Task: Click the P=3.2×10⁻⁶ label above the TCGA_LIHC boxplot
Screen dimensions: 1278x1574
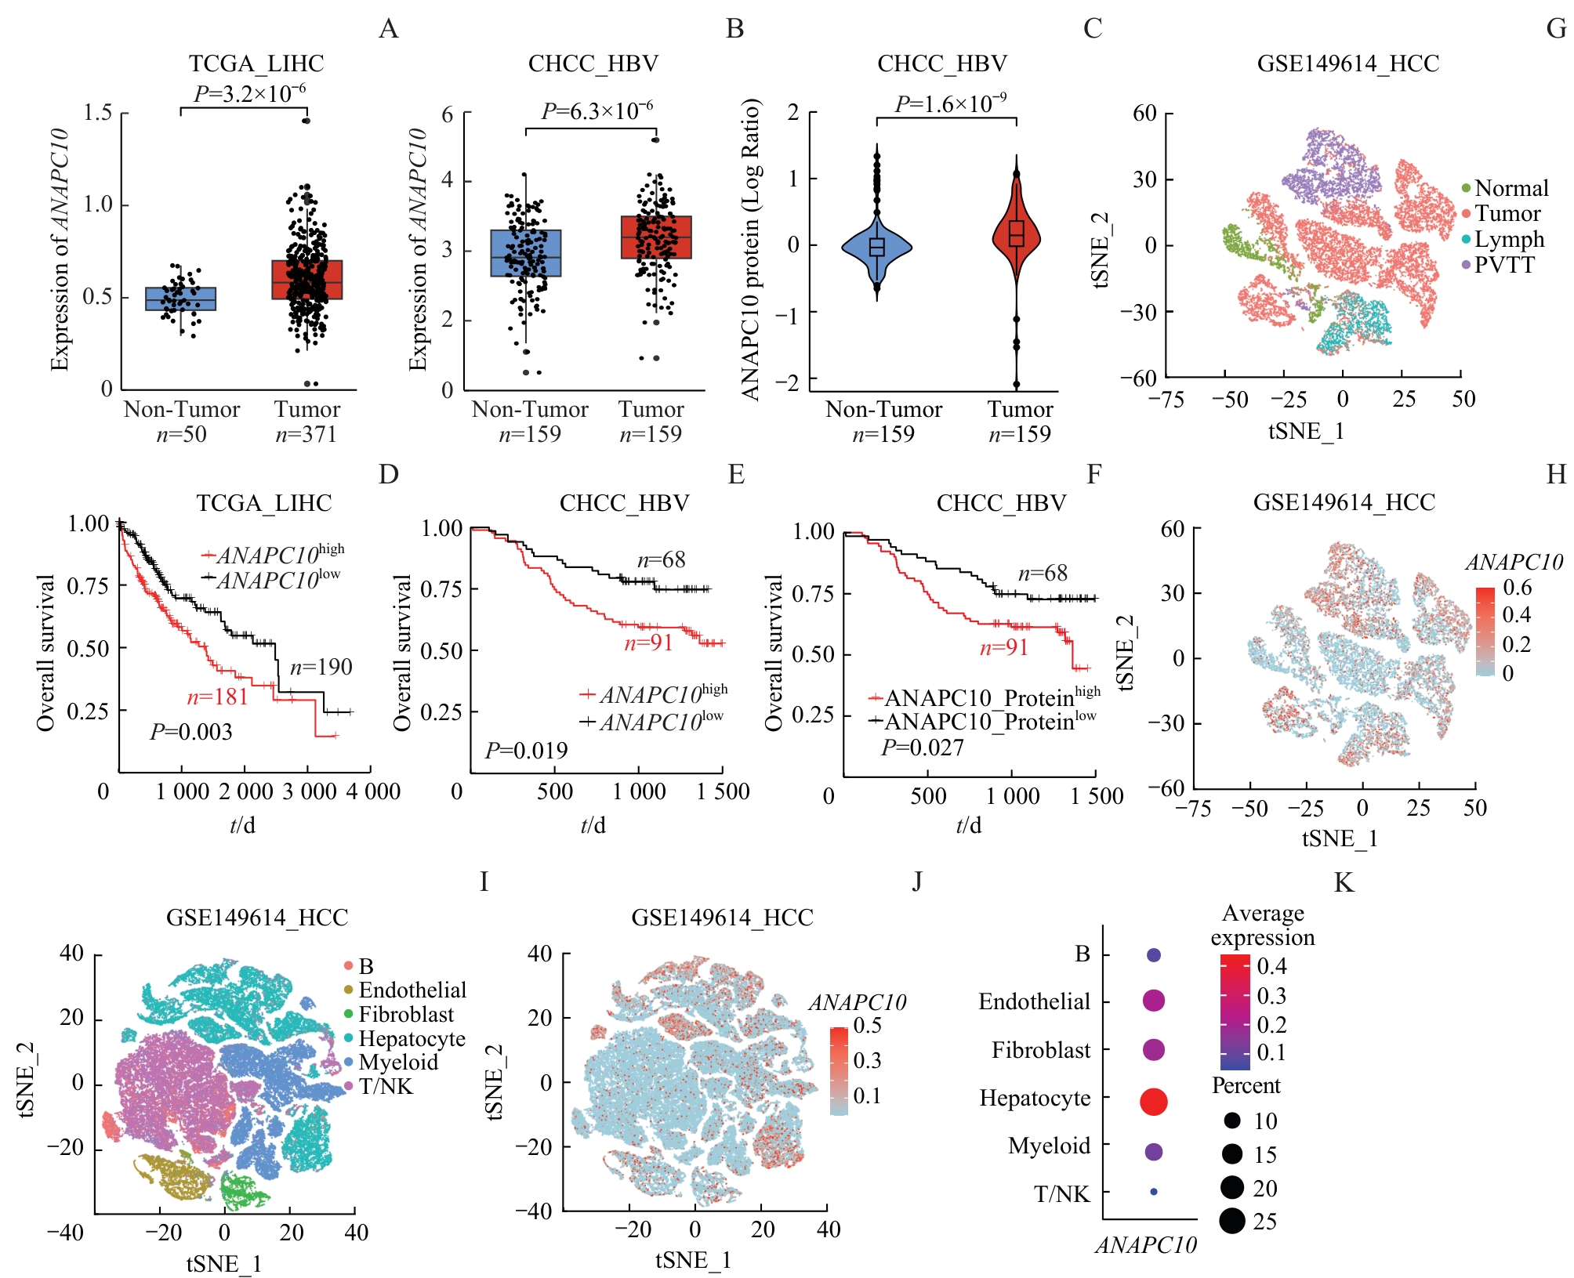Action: click(x=249, y=93)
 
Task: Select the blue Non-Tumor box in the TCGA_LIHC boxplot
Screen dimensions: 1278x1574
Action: click(x=181, y=299)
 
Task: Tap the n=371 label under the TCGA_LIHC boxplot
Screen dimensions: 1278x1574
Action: click(x=306, y=434)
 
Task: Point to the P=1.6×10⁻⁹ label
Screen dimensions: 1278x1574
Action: click(x=951, y=103)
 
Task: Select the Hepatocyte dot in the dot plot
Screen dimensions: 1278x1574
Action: click(x=1154, y=1101)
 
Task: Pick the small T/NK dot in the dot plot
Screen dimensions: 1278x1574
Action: click(x=1154, y=1192)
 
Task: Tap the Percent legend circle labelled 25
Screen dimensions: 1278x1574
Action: click(x=1232, y=1221)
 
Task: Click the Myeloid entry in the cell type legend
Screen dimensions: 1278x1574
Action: click(x=398, y=1063)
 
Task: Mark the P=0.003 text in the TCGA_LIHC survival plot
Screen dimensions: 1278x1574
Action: click(x=191, y=732)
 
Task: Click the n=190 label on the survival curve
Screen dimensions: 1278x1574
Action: click(x=321, y=667)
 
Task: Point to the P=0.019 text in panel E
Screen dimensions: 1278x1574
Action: click(x=526, y=751)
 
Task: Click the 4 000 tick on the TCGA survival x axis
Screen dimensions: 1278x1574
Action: click(x=373, y=791)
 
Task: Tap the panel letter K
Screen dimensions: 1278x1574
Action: click(x=1344, y=883)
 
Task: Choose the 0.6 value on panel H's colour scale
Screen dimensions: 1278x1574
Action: click(x=1517, y=588)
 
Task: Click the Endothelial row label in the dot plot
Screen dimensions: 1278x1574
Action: click(x=1034, y=1001)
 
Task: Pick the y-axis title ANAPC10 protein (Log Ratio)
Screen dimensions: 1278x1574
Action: click(x=750, y=249)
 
